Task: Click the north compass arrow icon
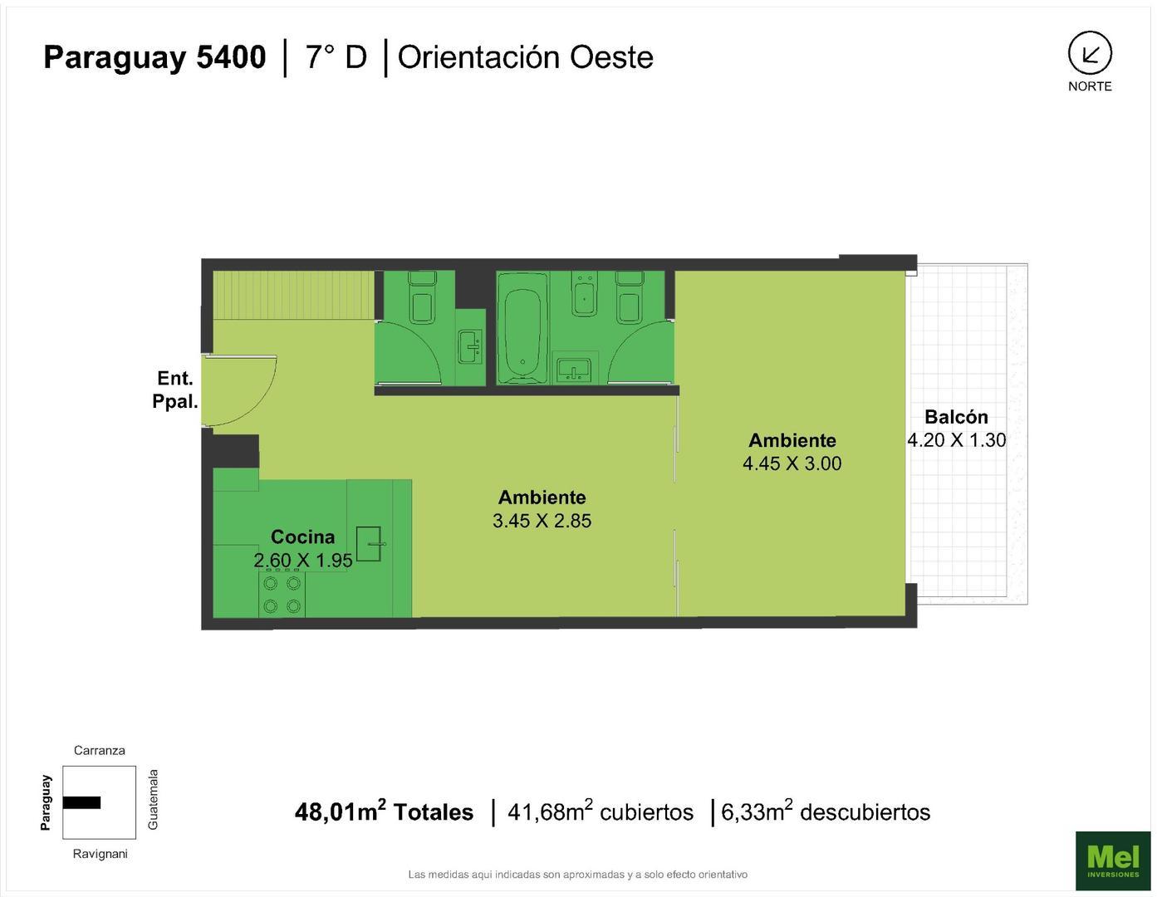pyautogui.click(x=1089, y=54)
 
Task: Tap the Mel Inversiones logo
pyautogui.click(x=1112, y=860)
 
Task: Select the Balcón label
pyautogui.click(x=956, y=417)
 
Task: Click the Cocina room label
pyautogui.click(x=302, y=537)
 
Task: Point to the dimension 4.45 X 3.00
pyautogui.click(x=792, y=463)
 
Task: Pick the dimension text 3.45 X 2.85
pyautogui.click(x=542, y=521)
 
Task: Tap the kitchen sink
pyautogui.click(x=369, y=543)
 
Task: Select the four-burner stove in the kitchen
pyautogui.click(x=282, y=595)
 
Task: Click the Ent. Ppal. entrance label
pyautogui.click(x=174, y=390)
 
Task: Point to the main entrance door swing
pyautogui.click(x=241, y=390)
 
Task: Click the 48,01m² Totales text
pyautogui.click(x=384, y=811)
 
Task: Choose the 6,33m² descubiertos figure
pyautogui.click(x=826, y=811)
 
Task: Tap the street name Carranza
pyautogui.click(x=100, y=750)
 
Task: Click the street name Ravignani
pyautogui.click(x=100, y=854)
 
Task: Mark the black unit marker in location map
pyautogui.click(x=81, y=802)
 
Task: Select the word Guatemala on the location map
pyautogui.click(x=153, y=799)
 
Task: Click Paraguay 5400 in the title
pyautogui.click(x=154, y=57)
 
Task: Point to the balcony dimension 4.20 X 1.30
pyautogui.click(x=956, y=440)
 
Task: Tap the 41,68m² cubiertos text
pyautogui.click(x=600, y=811)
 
